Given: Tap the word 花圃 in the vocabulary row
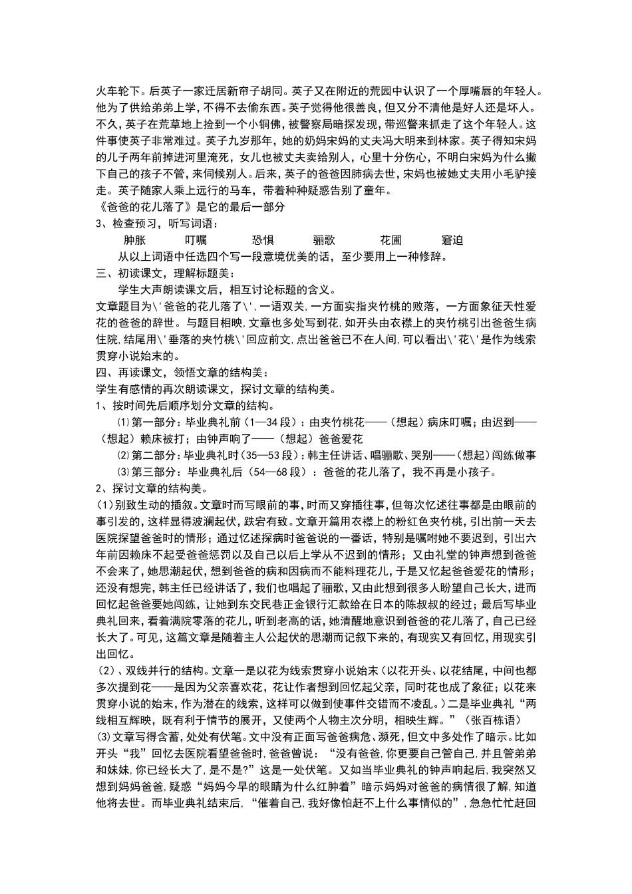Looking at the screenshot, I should point(391,240).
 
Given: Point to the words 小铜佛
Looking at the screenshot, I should point(266,124).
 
